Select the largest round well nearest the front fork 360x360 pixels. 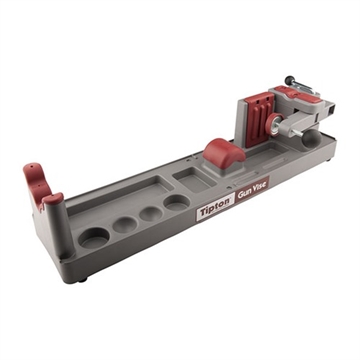(95, 237)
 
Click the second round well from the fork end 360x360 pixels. (126, 224)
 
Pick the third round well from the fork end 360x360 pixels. (150, 212)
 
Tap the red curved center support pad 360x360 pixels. (225, 152)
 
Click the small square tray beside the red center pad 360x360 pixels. (186, 175)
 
